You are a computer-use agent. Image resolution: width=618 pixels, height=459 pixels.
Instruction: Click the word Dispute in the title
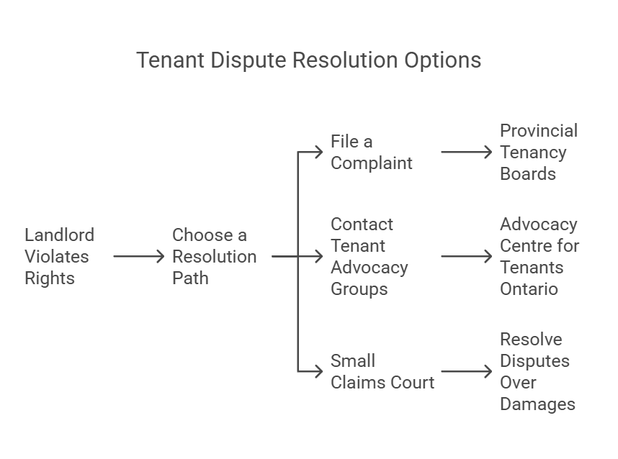[248, 60]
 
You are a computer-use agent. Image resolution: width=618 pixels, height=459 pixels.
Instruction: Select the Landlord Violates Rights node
[60, 256]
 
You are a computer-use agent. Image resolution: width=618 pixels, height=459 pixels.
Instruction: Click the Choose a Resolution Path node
[215, 256]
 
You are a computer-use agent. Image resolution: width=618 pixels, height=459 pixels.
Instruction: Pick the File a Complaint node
[371, 152]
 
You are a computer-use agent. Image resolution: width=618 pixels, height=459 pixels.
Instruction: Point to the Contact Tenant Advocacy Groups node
[370, 256]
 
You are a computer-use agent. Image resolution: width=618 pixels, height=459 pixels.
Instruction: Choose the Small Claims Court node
[382, 371]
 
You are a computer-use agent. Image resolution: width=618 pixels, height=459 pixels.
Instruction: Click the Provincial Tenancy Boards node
[539, 152]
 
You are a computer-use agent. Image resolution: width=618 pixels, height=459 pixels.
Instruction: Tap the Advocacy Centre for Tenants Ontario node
[539, 256]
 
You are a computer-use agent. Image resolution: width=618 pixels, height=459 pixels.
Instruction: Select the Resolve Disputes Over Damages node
[537, 371]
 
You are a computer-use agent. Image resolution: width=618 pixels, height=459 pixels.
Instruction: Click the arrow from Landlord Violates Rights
[139, 256]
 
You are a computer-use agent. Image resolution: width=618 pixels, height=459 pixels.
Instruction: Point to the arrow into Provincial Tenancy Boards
[467, 152]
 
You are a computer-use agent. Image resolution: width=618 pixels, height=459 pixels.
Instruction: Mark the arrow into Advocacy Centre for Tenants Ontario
[467, 256]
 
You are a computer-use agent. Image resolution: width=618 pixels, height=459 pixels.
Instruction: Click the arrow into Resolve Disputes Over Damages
[467, 371]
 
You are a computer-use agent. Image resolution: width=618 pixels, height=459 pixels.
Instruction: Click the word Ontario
[529, 289]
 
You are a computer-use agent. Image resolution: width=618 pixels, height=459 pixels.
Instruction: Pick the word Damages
[537, 404]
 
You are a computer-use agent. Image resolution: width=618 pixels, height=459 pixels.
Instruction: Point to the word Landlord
[60, 235]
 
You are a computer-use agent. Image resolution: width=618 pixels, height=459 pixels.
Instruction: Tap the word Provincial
[539, 131]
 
